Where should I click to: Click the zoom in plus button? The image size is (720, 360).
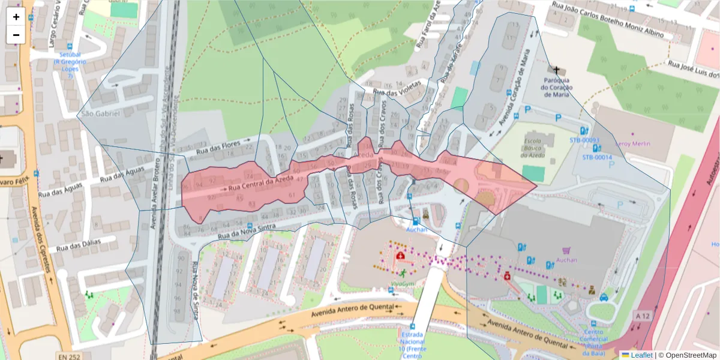(16, 17)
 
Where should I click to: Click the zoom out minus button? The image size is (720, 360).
(16, 35)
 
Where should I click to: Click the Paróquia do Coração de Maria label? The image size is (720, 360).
(557, 88)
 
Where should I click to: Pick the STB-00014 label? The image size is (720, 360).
(596, 157)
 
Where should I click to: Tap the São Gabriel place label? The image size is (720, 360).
(101, 113)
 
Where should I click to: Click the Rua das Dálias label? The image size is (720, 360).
(86, 245)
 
